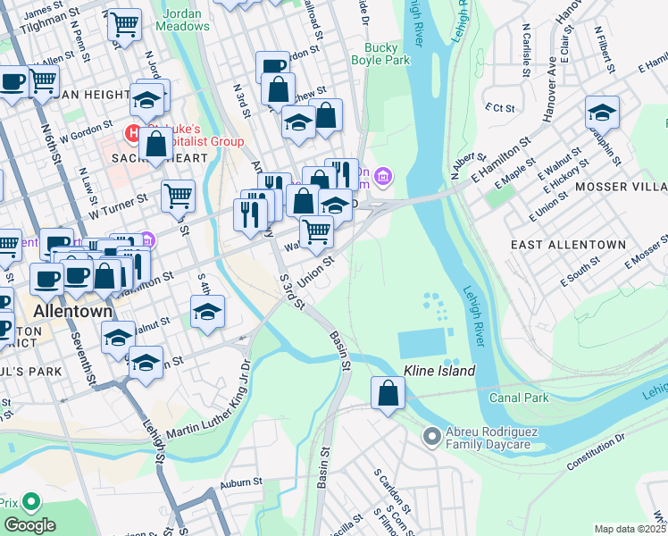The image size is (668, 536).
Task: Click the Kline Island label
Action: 438,370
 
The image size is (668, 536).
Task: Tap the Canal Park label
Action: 519,396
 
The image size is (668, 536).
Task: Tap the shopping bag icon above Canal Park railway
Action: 388,393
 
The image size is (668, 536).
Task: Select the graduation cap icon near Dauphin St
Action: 602,113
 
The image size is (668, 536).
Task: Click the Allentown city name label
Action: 72,312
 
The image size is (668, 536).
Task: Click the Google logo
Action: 29,524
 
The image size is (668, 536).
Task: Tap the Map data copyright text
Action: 630,529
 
